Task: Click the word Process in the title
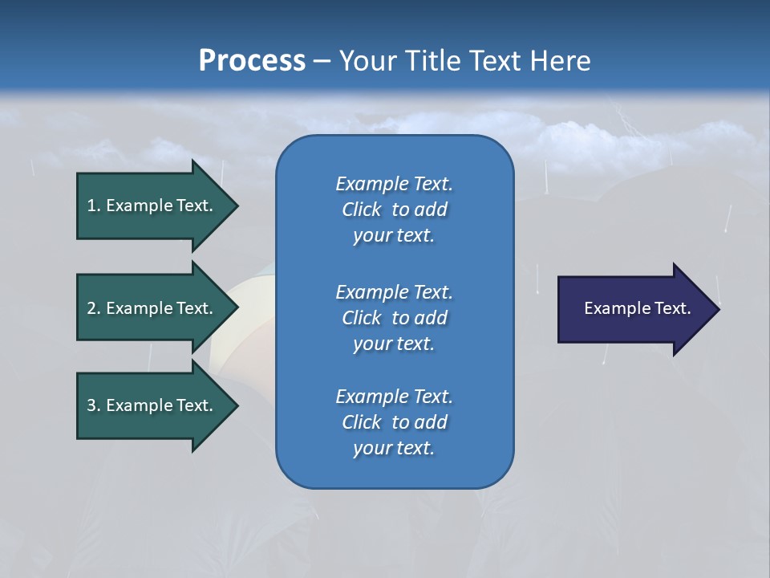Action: [252, 61]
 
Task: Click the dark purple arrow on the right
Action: [634, 308]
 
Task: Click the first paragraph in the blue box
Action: [394, 210]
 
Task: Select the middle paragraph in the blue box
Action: [394, 318]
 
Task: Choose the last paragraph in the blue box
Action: [394, 422]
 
